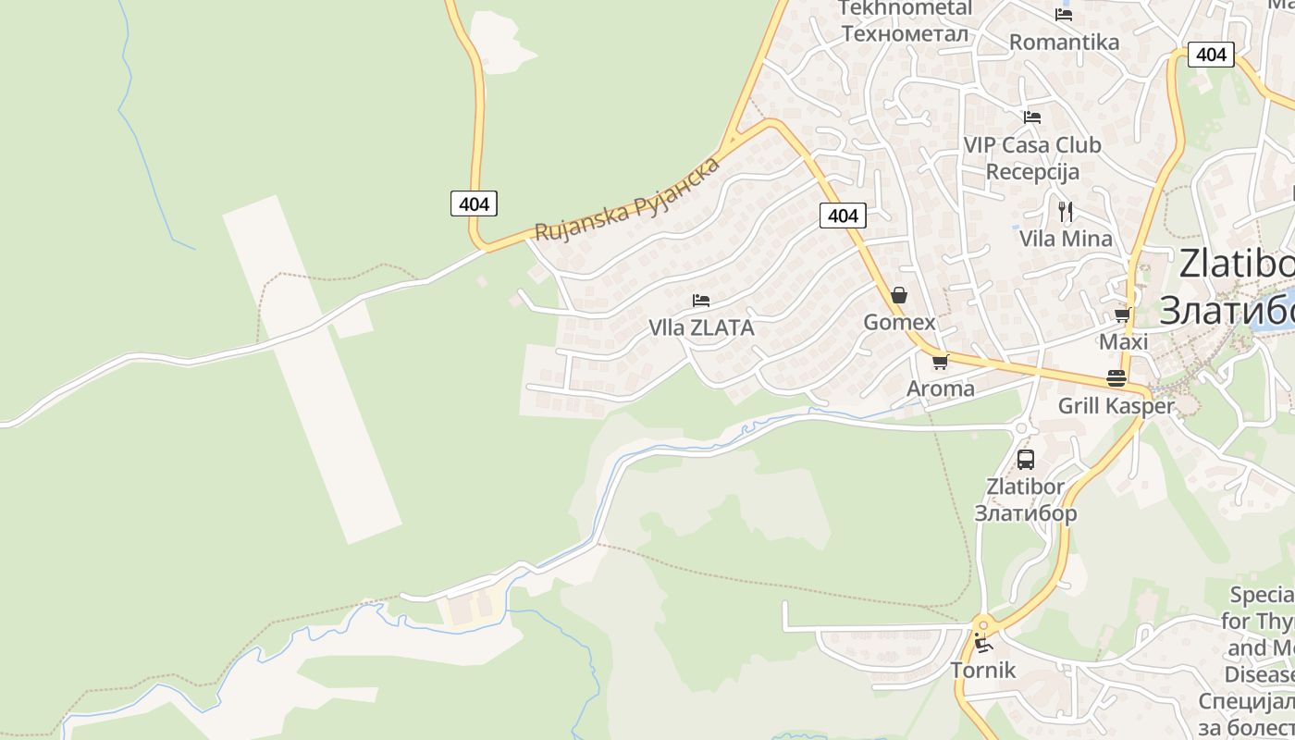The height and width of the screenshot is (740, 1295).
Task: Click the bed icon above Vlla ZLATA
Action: (x=701, y=301)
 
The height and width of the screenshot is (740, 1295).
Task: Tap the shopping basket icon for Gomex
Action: (x=898, y=296)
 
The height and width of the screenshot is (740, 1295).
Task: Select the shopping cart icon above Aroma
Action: (x=940, y=362)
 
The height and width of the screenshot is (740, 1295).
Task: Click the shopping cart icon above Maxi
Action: (x=1122, y=315)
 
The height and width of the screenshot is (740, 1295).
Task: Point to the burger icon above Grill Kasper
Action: (x=1116, y=378)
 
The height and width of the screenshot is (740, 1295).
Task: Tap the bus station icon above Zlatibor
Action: (x=1025, y=460)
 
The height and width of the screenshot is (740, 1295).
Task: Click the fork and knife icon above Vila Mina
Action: (x=1066, y=211)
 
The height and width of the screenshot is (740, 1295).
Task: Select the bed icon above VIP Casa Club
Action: (x=1032, y=117)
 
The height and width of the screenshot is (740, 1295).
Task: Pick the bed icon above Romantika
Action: (x=1064, y=15)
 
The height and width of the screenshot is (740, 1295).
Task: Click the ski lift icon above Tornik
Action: (x=983, y=643)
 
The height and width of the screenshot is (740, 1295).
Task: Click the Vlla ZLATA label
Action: (x=701, y=327)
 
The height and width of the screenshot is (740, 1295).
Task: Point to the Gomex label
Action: (x=899, y=322)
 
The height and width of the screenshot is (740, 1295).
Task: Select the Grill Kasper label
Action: (x=1116, y=405)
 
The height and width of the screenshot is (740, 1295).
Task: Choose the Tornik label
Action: (x=983, y=670)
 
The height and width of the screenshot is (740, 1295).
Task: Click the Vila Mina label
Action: (x=1066, y=238)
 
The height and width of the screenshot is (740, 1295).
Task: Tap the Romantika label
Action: (x=1064, y=42)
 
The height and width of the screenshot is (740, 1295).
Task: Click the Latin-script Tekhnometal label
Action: (x=905, y=8)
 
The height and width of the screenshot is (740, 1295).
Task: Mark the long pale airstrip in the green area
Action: (x=313, y=370)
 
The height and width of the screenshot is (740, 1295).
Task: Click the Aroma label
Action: (x=940, y=388)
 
